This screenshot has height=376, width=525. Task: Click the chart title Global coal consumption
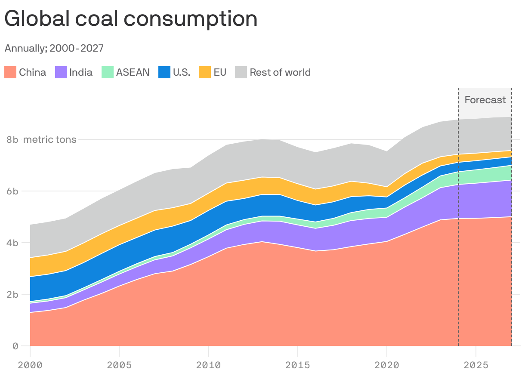coord(131,19)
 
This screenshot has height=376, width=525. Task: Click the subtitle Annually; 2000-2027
coord(54,48)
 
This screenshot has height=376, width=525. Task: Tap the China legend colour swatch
coord(10,72)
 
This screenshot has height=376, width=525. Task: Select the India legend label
coord(81,72)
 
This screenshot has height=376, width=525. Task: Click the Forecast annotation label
coord(485,100)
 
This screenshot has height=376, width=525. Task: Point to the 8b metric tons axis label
coord(41,139)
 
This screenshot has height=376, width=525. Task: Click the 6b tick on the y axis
coord(12,191)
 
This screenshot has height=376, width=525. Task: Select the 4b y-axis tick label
coord(12,243)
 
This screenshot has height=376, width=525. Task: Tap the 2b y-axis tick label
coord(12,294)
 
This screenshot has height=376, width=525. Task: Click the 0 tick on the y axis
coord(15,346)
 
